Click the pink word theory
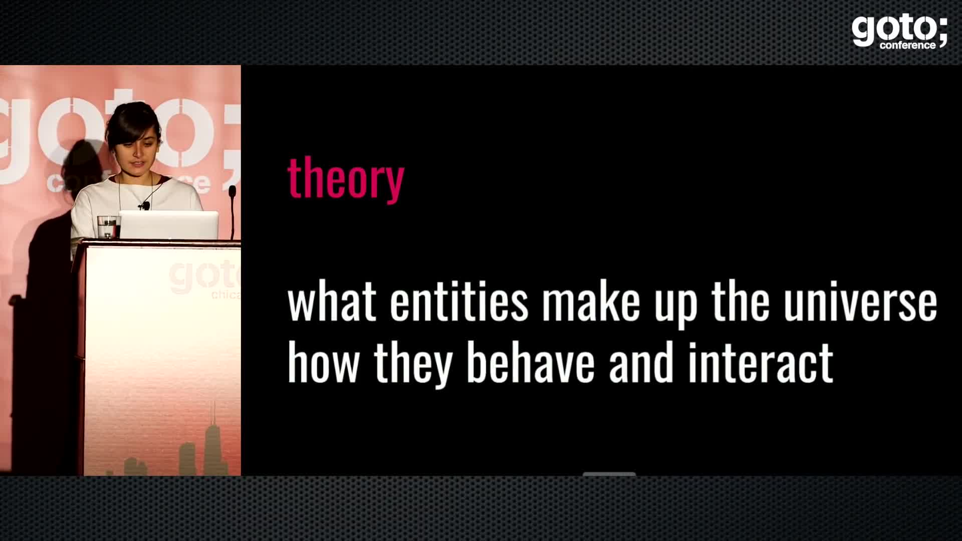[346, 179]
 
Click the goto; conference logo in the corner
[899, 31]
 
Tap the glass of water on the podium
[108, 227]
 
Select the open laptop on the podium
[169, 225]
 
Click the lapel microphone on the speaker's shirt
[145, 205]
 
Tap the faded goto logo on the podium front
[203, 278]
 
